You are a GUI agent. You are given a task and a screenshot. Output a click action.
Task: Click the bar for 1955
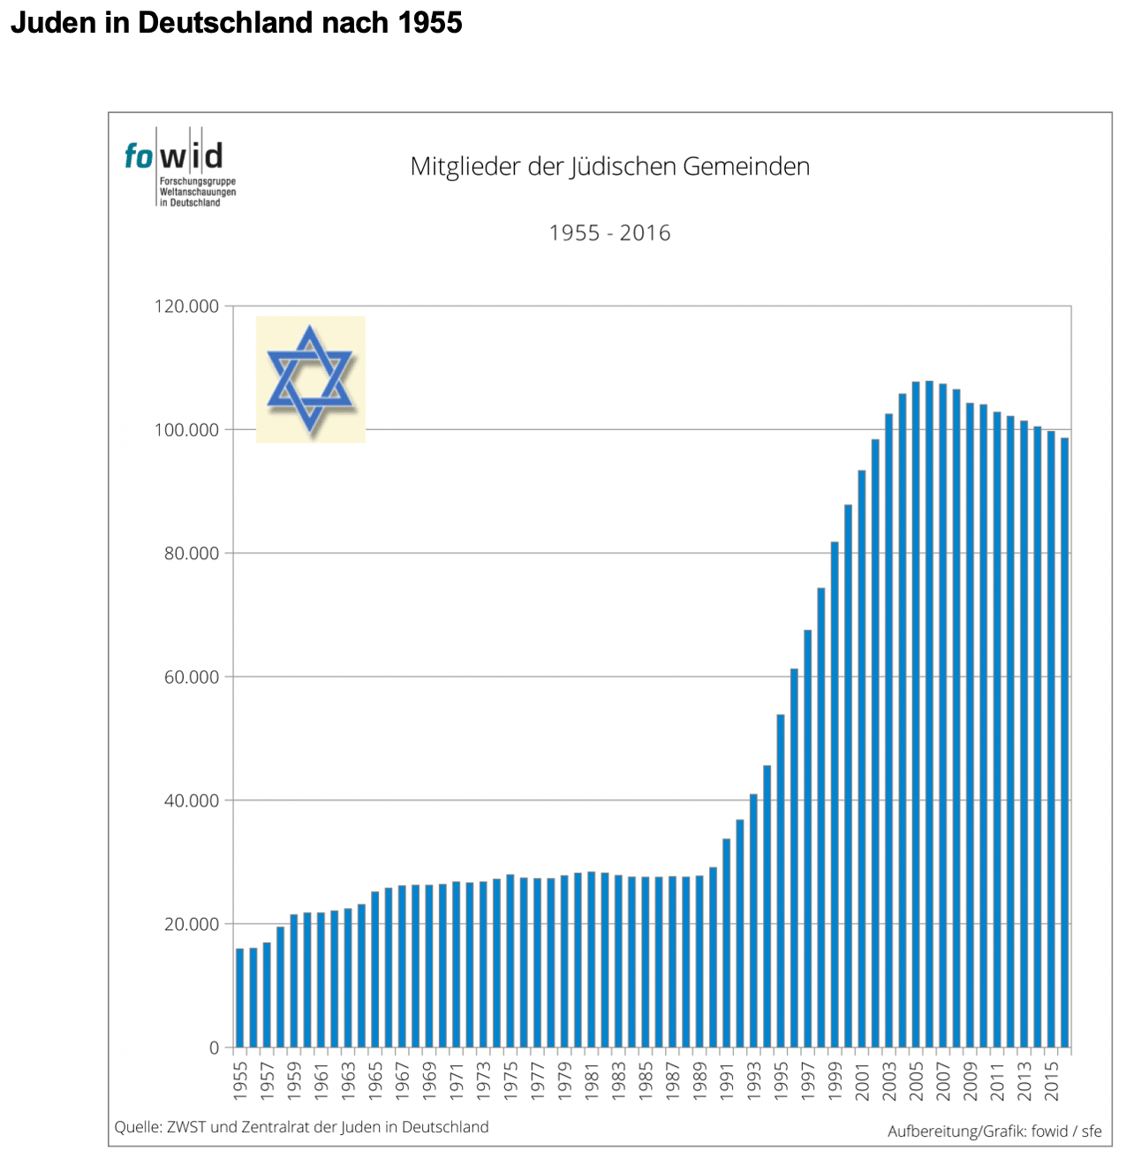pos(239,997)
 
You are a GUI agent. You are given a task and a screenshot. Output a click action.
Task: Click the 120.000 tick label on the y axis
pos(187,306)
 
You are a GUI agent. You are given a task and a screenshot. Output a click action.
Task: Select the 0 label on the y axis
pos(214,1048)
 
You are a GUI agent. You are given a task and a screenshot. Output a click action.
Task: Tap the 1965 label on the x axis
pos(375,1079)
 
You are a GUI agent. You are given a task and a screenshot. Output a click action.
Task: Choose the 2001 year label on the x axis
pos(862,1079)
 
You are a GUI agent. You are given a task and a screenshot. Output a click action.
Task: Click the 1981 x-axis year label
pos(592,1079)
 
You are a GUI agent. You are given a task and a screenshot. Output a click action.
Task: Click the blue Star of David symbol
pos(310,379)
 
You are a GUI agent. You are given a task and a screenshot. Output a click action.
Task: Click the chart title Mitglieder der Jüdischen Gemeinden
pos(609,167)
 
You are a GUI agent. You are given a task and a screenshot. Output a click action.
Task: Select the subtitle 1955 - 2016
pos(609,233)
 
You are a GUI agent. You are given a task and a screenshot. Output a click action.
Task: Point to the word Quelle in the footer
pos(138,1127)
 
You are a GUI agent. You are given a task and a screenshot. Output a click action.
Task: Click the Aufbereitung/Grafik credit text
pos(994,1131)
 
